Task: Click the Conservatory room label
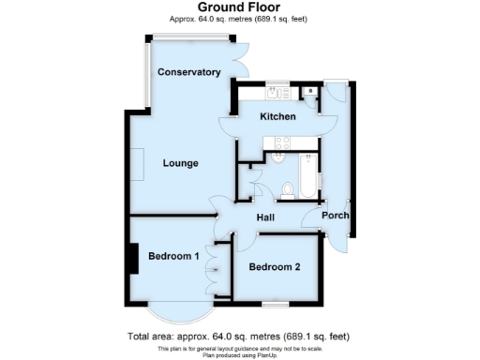188,72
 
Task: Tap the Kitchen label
277,117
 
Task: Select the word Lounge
180,163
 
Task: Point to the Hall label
266,217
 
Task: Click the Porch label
336,216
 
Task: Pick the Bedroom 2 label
275,267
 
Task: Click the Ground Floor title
239,7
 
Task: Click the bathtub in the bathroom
306,174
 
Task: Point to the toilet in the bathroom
288,190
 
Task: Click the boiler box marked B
309,92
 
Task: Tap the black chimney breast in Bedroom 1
133,258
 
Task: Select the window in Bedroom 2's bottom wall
274,304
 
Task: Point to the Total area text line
239,336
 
